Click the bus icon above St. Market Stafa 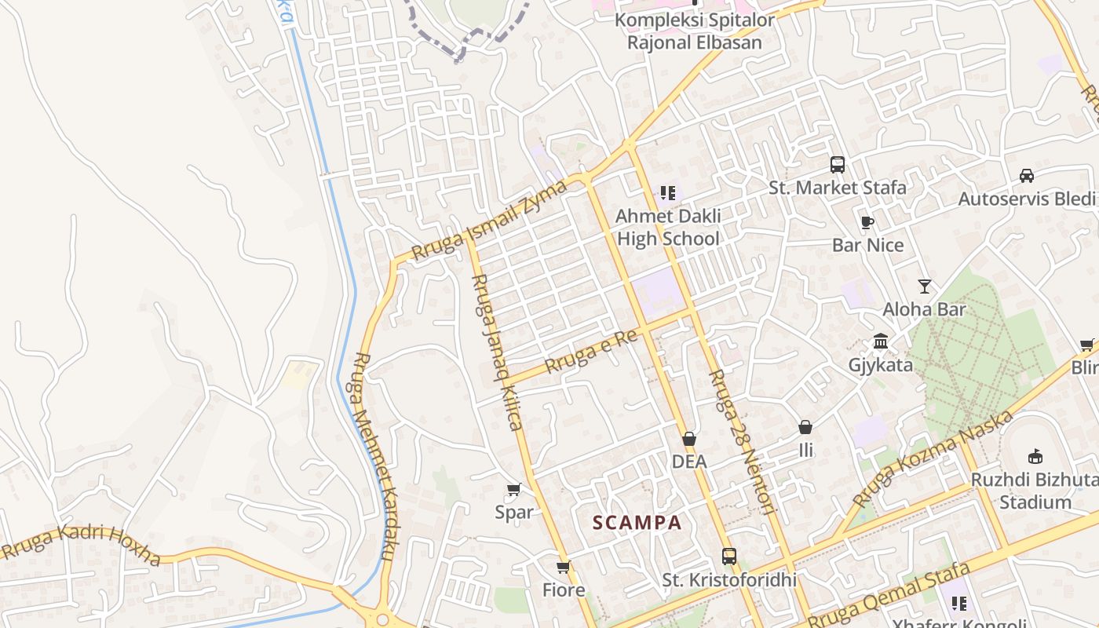point(838,165)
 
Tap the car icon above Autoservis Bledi point(1026,176)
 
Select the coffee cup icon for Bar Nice point(867,222)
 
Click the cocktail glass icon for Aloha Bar point(925,286)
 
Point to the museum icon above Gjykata point(881,342)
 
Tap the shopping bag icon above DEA point(689,439)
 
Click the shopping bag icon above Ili point(805,428)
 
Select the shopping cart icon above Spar point(514,490)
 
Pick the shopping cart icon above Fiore point(563,567)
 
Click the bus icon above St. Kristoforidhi point(729,557)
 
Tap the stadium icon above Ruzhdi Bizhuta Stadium point(1035,456)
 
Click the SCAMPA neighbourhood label point(637,523)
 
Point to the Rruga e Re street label point(590,349)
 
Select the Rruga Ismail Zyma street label point(490,221)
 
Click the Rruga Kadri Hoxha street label point(82,546)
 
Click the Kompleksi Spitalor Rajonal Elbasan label point(694,31)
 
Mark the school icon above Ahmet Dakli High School point(668,192)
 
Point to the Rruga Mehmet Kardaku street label point(374,456)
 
